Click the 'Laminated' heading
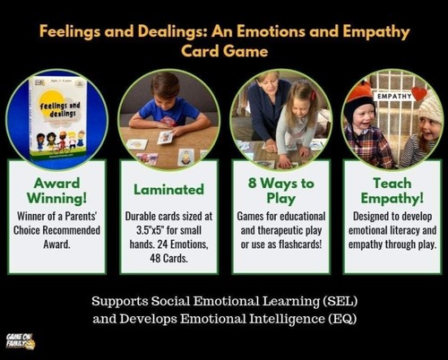tap(168, 190)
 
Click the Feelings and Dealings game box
tap(56, 123)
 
